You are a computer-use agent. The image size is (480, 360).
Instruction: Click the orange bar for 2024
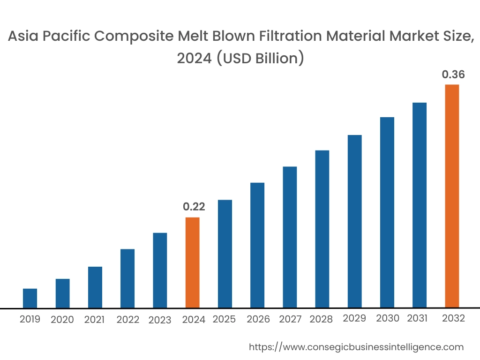pyautogui.click(x=193, y=262)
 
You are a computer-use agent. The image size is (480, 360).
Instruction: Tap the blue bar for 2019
pyautogui.click(x=30, y=298)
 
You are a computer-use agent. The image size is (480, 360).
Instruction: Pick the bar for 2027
pyautogui.click(x=290, y=237)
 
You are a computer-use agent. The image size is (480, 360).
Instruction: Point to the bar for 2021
pyautogui.click(x=95, y=287)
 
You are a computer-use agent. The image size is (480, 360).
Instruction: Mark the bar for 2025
pyautogui.click(x=225, y=254)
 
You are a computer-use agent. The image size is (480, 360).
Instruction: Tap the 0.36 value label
pyautogui.click(x=453, y=74)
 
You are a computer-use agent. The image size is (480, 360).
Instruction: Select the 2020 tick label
pyautogui.click(x=62, y=320)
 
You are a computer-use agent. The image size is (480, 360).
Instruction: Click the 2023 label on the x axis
pyautogui.click(x=160, y=320)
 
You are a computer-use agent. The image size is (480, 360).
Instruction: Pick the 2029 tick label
pyautogui.click(x=354, y=318)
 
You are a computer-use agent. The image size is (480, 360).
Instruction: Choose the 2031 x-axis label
pyautogui.click(x=417, y=318)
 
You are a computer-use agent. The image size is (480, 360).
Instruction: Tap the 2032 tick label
pyautogui.click(x=454, y=318)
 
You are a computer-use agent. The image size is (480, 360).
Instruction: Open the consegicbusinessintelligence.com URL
pyautogui.click(x=356, y=347)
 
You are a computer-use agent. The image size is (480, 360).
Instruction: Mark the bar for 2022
pyautogui.click(x=127, y=278)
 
